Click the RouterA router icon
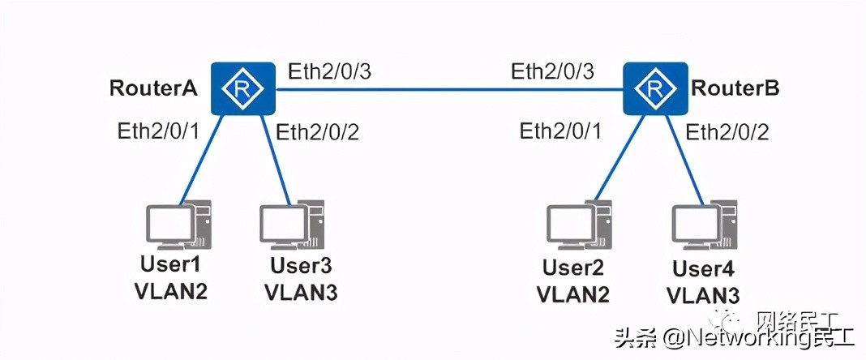[x=242, y=88]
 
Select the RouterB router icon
[x=654, y=88]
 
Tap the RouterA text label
[x=154, y=89]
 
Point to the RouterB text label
[x=736, y=88]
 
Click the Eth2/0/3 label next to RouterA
[x=329, y=71]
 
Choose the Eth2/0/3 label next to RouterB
[x=552, y=71]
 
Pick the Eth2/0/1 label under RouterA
[x=157, y=130]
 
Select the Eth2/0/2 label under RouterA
[x=318, y=131]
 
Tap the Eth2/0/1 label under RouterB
[x=561, y=131]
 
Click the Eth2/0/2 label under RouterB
[x=727, y=131]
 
